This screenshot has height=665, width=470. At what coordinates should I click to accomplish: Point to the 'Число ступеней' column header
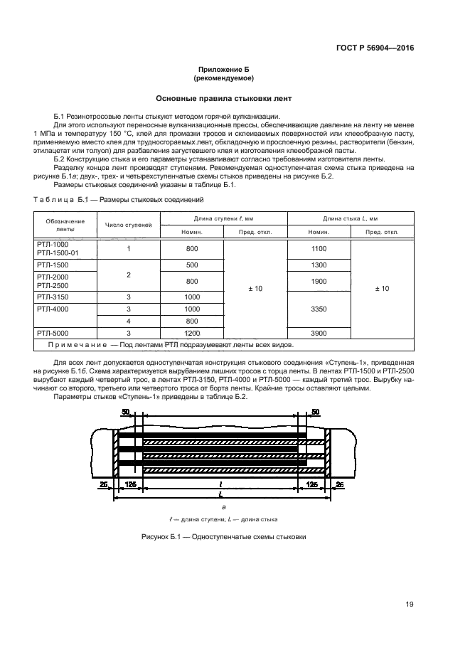129,225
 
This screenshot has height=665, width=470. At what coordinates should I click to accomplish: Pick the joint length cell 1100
318,249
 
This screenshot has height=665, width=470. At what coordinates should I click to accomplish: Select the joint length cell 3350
318,309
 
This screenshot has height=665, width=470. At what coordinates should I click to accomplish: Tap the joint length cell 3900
318,333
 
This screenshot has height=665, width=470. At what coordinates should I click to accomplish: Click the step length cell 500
192,265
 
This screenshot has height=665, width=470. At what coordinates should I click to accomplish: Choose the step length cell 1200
192,333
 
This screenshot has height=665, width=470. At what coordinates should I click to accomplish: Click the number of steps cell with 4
129,321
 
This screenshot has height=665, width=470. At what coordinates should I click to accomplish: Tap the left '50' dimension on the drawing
126,413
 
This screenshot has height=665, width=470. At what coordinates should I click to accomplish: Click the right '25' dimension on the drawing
339,484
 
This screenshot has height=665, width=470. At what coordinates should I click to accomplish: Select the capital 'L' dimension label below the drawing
222,493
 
